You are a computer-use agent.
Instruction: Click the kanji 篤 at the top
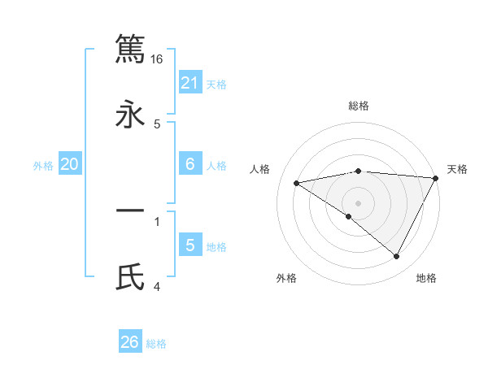click(x=130, y=48)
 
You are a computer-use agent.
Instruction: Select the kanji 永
click(x=130, y=115)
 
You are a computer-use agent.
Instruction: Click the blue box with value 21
click(x=190, y=82)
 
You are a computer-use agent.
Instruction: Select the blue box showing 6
click(x=190, y=164)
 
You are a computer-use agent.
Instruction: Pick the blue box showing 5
click(x=190, y=245)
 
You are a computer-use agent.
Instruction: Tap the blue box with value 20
click(x=70, y=164)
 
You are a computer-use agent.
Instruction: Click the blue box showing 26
click(x=130, y=342)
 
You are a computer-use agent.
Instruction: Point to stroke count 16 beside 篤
click(x=157, y=59)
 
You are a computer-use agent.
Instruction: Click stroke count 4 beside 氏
click(x=157, y=286)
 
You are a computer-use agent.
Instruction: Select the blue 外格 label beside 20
click(x=43, y=166)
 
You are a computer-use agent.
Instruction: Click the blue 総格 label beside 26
click(x=156, y=344)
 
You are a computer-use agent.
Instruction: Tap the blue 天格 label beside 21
click(x=216, y=84)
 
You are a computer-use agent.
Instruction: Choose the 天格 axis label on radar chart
click(x=458, y=169)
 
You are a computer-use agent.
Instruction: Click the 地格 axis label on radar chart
click(x=426, y=279)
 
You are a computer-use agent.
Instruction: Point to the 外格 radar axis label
click(x=286, y=279)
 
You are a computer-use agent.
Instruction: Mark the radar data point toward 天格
click(x=435, y=178)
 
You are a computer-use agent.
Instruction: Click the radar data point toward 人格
click(x=297, y=183)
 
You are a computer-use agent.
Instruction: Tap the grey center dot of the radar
click(x=359, y=202)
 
